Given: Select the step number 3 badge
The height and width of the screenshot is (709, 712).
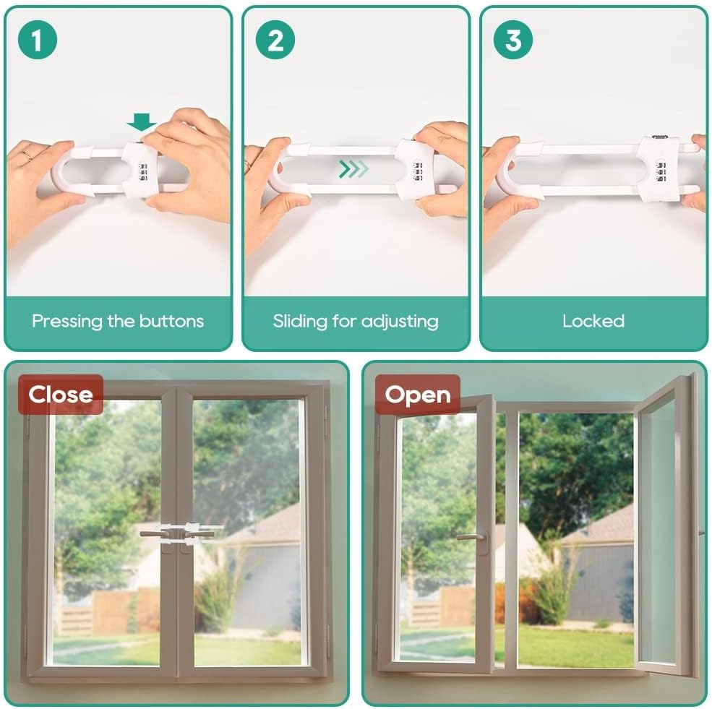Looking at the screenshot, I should click(512, 40).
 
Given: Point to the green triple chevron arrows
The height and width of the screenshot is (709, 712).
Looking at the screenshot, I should click(354, 169).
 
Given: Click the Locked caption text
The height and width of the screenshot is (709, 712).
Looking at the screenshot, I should click(593, 321).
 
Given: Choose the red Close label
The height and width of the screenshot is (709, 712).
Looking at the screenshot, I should click(61, 395).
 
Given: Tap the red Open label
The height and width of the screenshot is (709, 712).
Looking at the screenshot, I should click(418, 395).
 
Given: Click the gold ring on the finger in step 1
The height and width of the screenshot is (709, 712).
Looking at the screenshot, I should click(25, 155).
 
